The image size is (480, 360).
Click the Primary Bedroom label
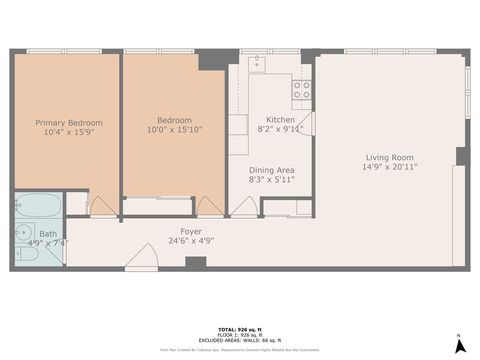(69, 123)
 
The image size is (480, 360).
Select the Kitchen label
(280, 119)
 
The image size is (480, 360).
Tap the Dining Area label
(271, 170)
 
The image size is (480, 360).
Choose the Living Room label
(389, 157)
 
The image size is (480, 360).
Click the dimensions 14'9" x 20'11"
(389, 167)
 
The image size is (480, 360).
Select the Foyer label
(192, 231)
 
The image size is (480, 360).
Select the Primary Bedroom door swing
(102, 206)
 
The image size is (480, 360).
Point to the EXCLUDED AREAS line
(239, 341)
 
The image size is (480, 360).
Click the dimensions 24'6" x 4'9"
(192, 241)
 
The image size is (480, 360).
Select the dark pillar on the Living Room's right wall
(461, 156)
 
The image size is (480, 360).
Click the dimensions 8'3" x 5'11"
(271, 180)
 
